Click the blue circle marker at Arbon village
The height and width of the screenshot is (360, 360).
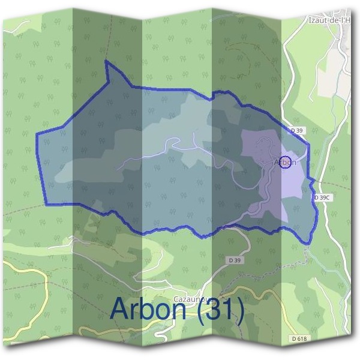[x=286, y=162]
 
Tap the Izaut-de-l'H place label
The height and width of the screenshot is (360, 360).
[x=329, y=20]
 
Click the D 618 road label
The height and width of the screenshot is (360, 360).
[x=298, y=339]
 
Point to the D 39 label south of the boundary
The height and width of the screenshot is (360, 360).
[x=235, y=260]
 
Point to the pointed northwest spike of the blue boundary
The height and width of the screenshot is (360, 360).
[x=106, y=62]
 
